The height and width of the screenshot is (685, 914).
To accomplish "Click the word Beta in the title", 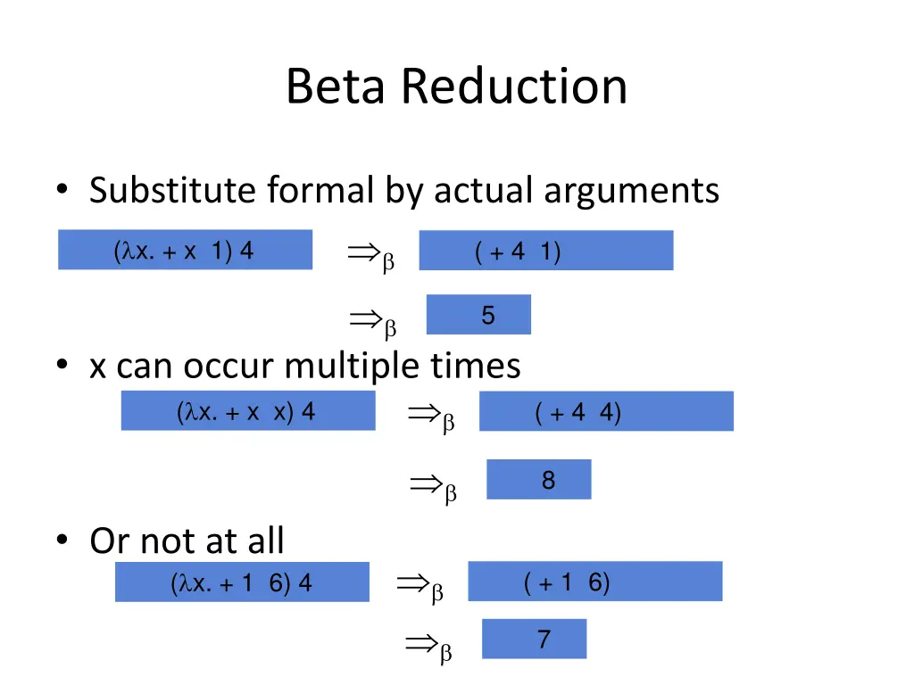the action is pyautogui.click(x=338, y=87).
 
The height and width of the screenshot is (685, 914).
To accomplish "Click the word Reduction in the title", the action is pyautogui.click(x=514, y=87).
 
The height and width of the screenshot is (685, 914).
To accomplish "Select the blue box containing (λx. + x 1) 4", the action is pyautogui.click(x=185, y=250).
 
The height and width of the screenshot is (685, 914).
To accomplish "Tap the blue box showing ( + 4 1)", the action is pyautogui.click(x=545, y=251).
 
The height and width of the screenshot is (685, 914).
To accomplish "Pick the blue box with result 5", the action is pyautogui.click(x=478, y=315).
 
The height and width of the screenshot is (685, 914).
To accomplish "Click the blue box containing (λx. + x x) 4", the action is pyautogui.click(x=248, y=411).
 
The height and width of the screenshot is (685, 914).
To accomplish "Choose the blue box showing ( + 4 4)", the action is pyautogui.click(x=606, y=411).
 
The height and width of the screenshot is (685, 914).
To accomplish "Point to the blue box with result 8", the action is pyautogui.click(x=538, y=480).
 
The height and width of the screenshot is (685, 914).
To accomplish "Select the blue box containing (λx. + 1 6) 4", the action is pyautogui.click(x=242, y=582).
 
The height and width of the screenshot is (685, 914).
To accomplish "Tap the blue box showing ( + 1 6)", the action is pyautogui.click(x=594, y=582).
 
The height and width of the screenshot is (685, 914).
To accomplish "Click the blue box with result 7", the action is pyautogui.click(x=534, y=639).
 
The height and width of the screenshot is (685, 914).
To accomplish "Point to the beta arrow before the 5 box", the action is pyautogui.click(x=371, y=323).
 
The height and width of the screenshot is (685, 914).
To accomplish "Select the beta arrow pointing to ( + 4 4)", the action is pyautogui.click(x=430, y=416).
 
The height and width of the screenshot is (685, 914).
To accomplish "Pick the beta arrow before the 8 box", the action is pyautogui.click(x=433, y=487).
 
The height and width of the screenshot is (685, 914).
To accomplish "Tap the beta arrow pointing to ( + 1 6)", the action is pyautogui.click(x=419, y=587).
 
